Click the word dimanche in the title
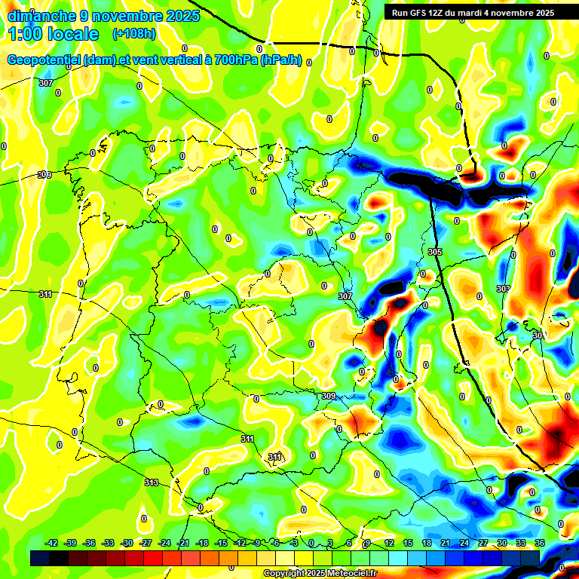(x=42, y=15)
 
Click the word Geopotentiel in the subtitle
(x=44, y=60)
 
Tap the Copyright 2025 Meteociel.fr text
(x=320, y=573)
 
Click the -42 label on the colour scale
(x=52, y=543)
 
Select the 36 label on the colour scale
(x=539, y=543)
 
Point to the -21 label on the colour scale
(x=183, y=543)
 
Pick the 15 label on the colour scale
(x=408, y=543)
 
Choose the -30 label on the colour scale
(x=127, y=543)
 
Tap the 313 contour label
(x=152, y=482)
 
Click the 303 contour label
(x=504, y=289)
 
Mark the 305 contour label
(x=434, y=251)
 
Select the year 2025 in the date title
(x=182, y=15)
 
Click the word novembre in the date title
(x=127, y=15)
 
